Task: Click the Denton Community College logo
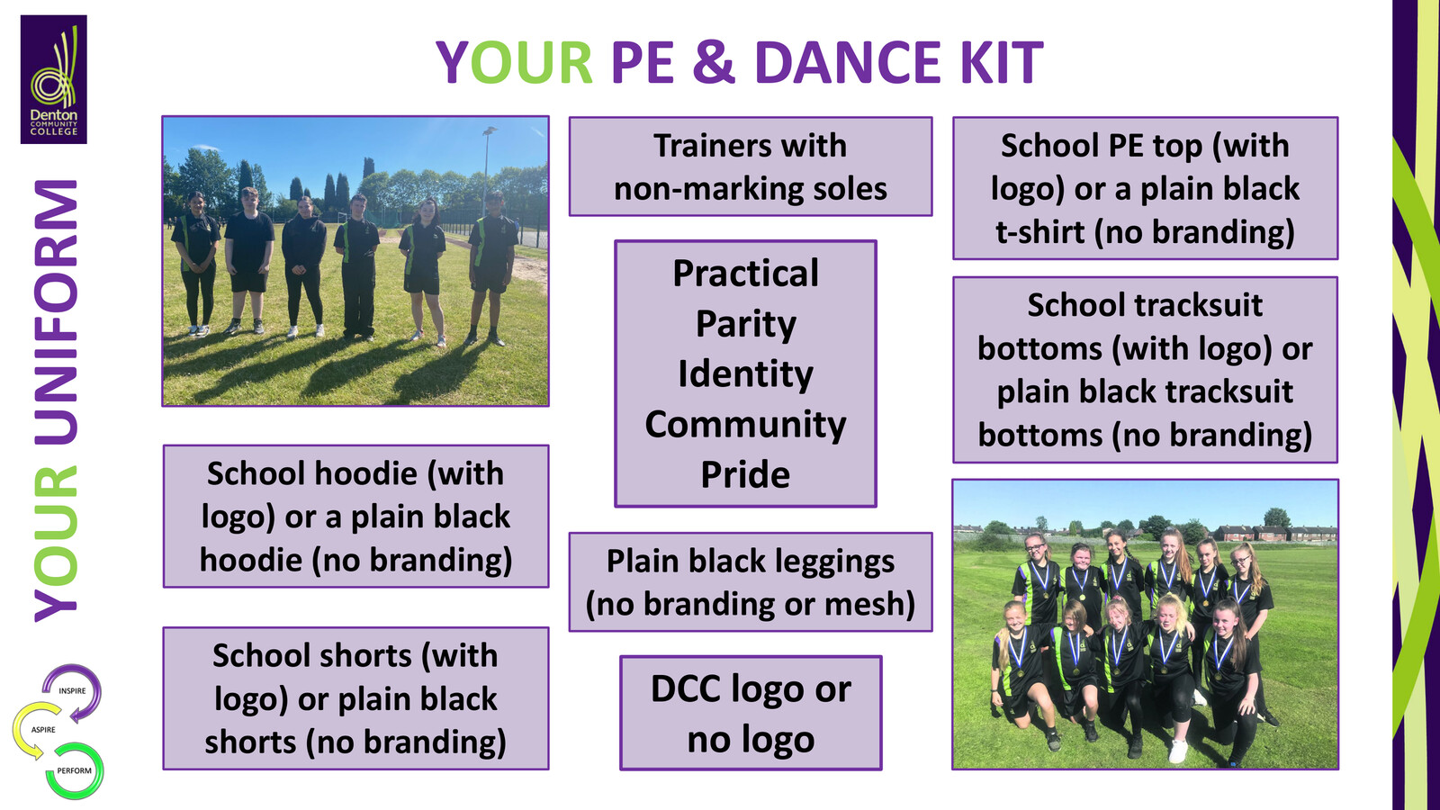point(54,79)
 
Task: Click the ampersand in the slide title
point(714,63)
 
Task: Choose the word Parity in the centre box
point(745,324)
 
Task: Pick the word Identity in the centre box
point(745,374)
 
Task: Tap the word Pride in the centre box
point(745,475)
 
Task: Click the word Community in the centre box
point(745,425)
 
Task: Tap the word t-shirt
point(1039,232)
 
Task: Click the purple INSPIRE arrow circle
point(73,691)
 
